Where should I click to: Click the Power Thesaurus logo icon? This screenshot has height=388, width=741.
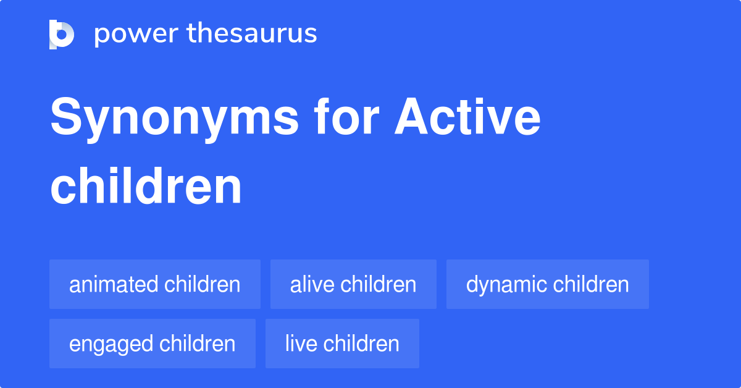click(x=62, y=34)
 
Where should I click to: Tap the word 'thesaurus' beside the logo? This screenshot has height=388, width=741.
click(x=252, y=34)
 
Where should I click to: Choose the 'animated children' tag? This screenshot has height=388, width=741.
click(x=155, y=284)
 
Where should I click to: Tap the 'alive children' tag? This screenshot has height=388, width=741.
click(x=353, y=284)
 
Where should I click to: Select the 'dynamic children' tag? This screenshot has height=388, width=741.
click(x=547, y=284)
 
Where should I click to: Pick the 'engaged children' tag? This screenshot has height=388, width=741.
click(x=153, y=344)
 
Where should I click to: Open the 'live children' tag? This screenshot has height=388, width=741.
click(x=342, y=344)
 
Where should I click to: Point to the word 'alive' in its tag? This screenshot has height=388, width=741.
click(x=312, y=284)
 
